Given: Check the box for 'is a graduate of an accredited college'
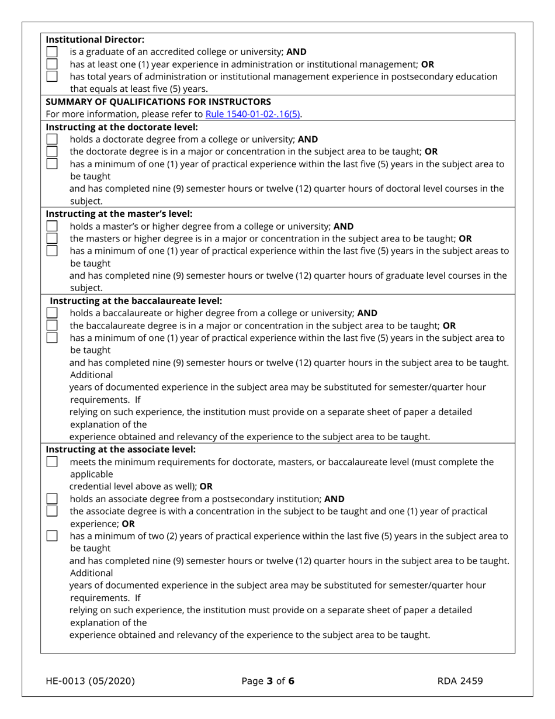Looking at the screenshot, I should pos(52,52).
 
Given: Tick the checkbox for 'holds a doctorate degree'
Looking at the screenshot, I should pos(52,140).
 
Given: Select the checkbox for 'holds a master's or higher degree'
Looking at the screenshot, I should pos(52,226).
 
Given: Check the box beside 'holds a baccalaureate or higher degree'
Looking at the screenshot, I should pos(52,313).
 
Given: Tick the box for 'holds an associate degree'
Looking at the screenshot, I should pos(52,499).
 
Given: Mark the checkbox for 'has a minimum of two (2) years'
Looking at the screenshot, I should pos(52,536).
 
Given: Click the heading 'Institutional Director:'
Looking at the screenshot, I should pos(95,40).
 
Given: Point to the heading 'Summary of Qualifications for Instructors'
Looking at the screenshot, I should pos(158,102).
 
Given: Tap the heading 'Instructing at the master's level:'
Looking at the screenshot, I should pos(119,213).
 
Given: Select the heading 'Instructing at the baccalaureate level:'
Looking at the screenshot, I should pos(136,300).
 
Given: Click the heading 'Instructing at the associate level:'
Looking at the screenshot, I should pos(121,450).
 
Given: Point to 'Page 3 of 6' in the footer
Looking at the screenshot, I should pos(268,680).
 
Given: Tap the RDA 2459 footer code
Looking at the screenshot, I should pos(460,680).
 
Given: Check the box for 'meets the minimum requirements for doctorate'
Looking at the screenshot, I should pos(52,462).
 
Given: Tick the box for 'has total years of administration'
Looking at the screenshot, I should pos(52,77).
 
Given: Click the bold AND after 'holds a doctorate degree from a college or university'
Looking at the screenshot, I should pos(308,140).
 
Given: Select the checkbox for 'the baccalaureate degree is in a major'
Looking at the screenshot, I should pos(52,326).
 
